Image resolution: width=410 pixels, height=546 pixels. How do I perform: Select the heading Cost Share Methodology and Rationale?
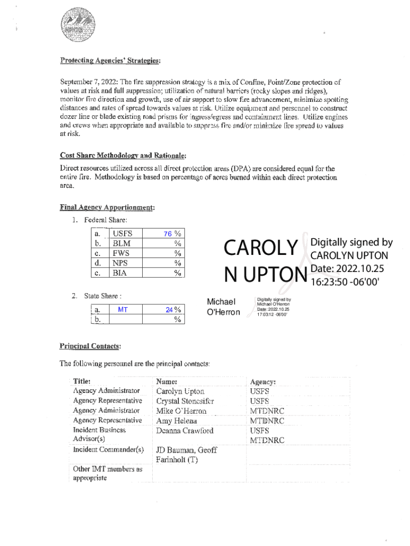[123, 156]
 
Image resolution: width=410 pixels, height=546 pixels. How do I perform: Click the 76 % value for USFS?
[171, 234]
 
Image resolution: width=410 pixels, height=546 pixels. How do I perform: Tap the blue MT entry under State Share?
[122, 310]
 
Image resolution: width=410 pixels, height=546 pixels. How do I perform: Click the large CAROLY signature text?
[260, 248]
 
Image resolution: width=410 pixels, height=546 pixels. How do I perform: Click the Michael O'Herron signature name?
[223, 307]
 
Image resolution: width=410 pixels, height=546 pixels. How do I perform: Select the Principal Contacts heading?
[90, 346]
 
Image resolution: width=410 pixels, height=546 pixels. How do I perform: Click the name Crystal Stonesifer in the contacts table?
[185, 401]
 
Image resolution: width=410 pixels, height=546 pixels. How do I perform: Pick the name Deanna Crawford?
[184, 431]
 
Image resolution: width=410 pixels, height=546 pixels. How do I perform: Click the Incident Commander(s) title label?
[108, 450]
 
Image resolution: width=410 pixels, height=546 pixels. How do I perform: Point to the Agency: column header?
[263, 382]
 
